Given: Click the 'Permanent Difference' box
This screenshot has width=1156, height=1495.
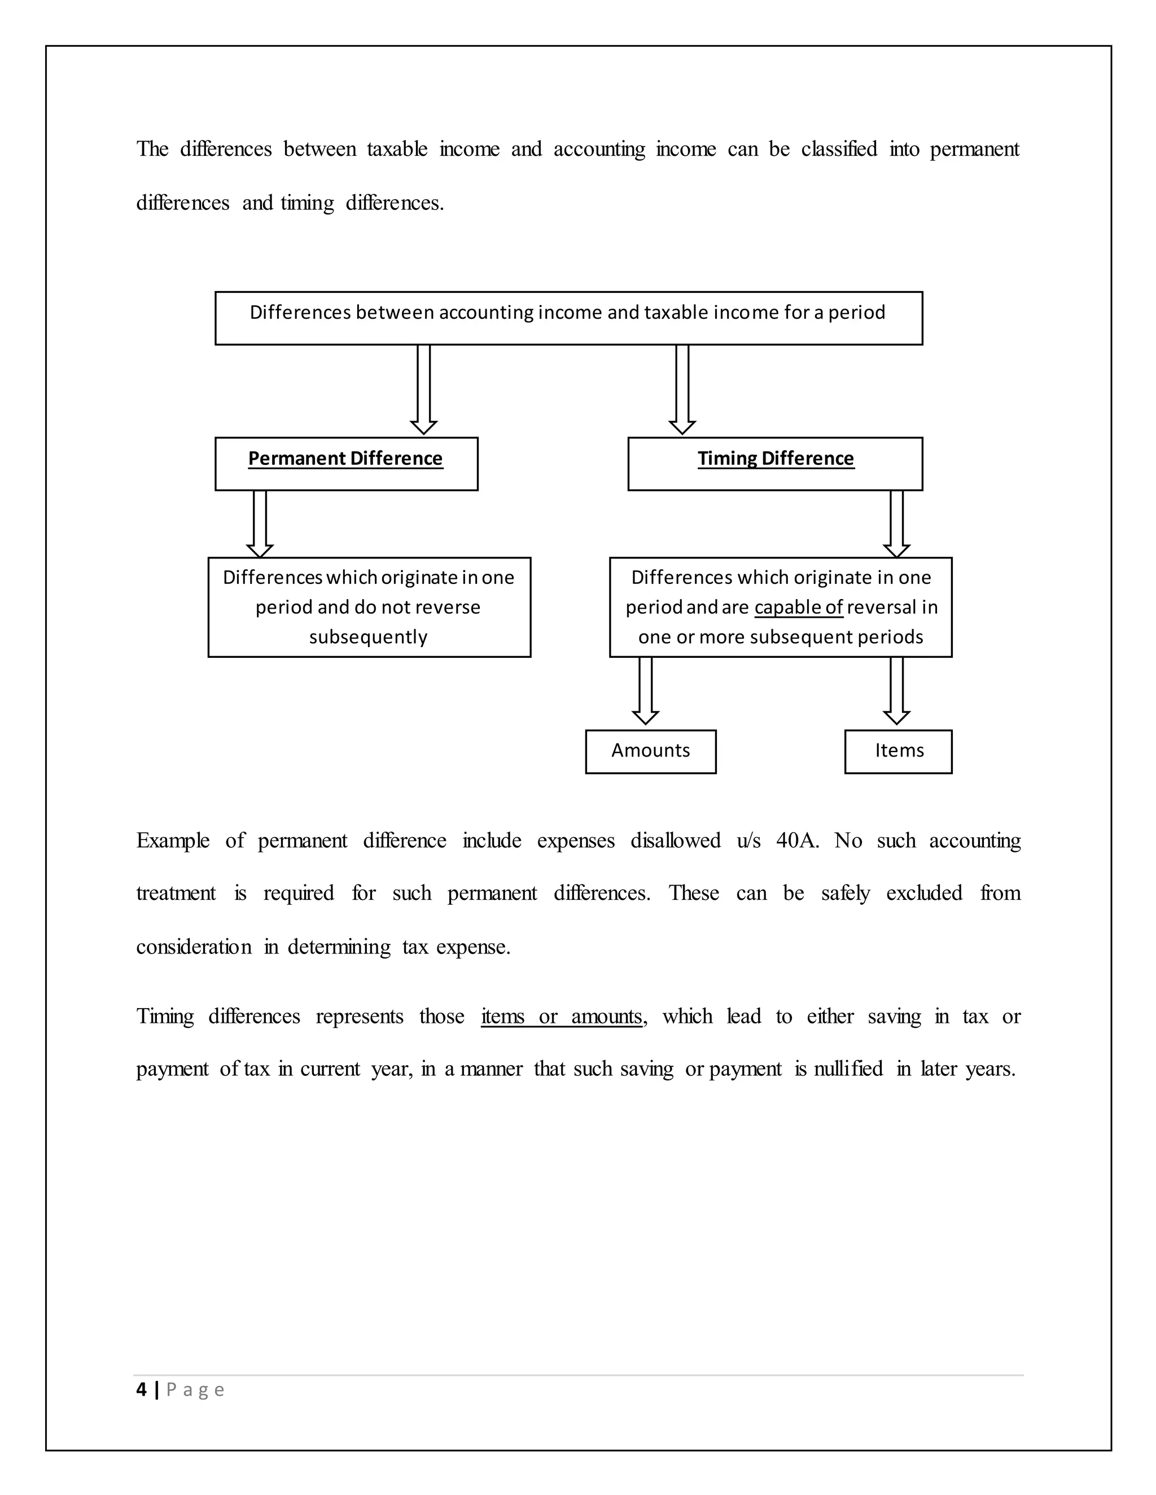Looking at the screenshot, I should pyautogui.click(x=346, y=463).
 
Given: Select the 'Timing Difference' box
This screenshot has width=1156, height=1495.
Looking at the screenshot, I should pyautogui.click(x=774, y=463).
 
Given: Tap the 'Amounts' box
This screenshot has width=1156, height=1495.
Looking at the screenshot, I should pyautogui.click(x=651, y=751).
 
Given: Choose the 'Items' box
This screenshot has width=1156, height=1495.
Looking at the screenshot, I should pyautogui.click(x=898, y=751).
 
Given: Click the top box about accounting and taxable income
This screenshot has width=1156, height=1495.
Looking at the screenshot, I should pyautogui.click(x=568, y=318).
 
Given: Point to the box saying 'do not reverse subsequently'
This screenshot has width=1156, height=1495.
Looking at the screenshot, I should pyautogui.click(x=369, y=607).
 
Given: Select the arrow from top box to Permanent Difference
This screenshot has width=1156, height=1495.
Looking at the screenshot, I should pyautogui.click(x=424, y=389).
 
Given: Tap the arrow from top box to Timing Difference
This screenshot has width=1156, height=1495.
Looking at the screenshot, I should pyautogui.click(x=682, y=389).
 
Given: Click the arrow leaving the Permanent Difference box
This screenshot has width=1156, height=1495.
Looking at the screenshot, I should pyautogui.click(x=260, y=523).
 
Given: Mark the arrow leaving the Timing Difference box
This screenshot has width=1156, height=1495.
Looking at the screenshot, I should pyautogui.click(x=896, y=523).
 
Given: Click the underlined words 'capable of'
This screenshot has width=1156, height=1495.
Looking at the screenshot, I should pyautogui.click(x=799, y=607).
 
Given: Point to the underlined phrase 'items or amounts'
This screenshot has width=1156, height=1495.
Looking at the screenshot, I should pyautogui.click(x=562, y=1017).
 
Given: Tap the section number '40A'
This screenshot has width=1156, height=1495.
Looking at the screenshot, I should pyautogui.click(x=796, y=841).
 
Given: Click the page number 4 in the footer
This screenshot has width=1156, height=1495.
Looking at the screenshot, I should pyautogui.click(x=142, y=1390).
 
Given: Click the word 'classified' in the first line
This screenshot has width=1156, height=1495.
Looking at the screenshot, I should pyautogui.click(x=839, y=149).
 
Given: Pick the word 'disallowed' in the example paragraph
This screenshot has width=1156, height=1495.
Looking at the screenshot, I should pyautogui.click(x=675, y=841).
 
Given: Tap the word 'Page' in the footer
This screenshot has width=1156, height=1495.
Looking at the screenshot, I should pyautogui.click(x=195, y=1390).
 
